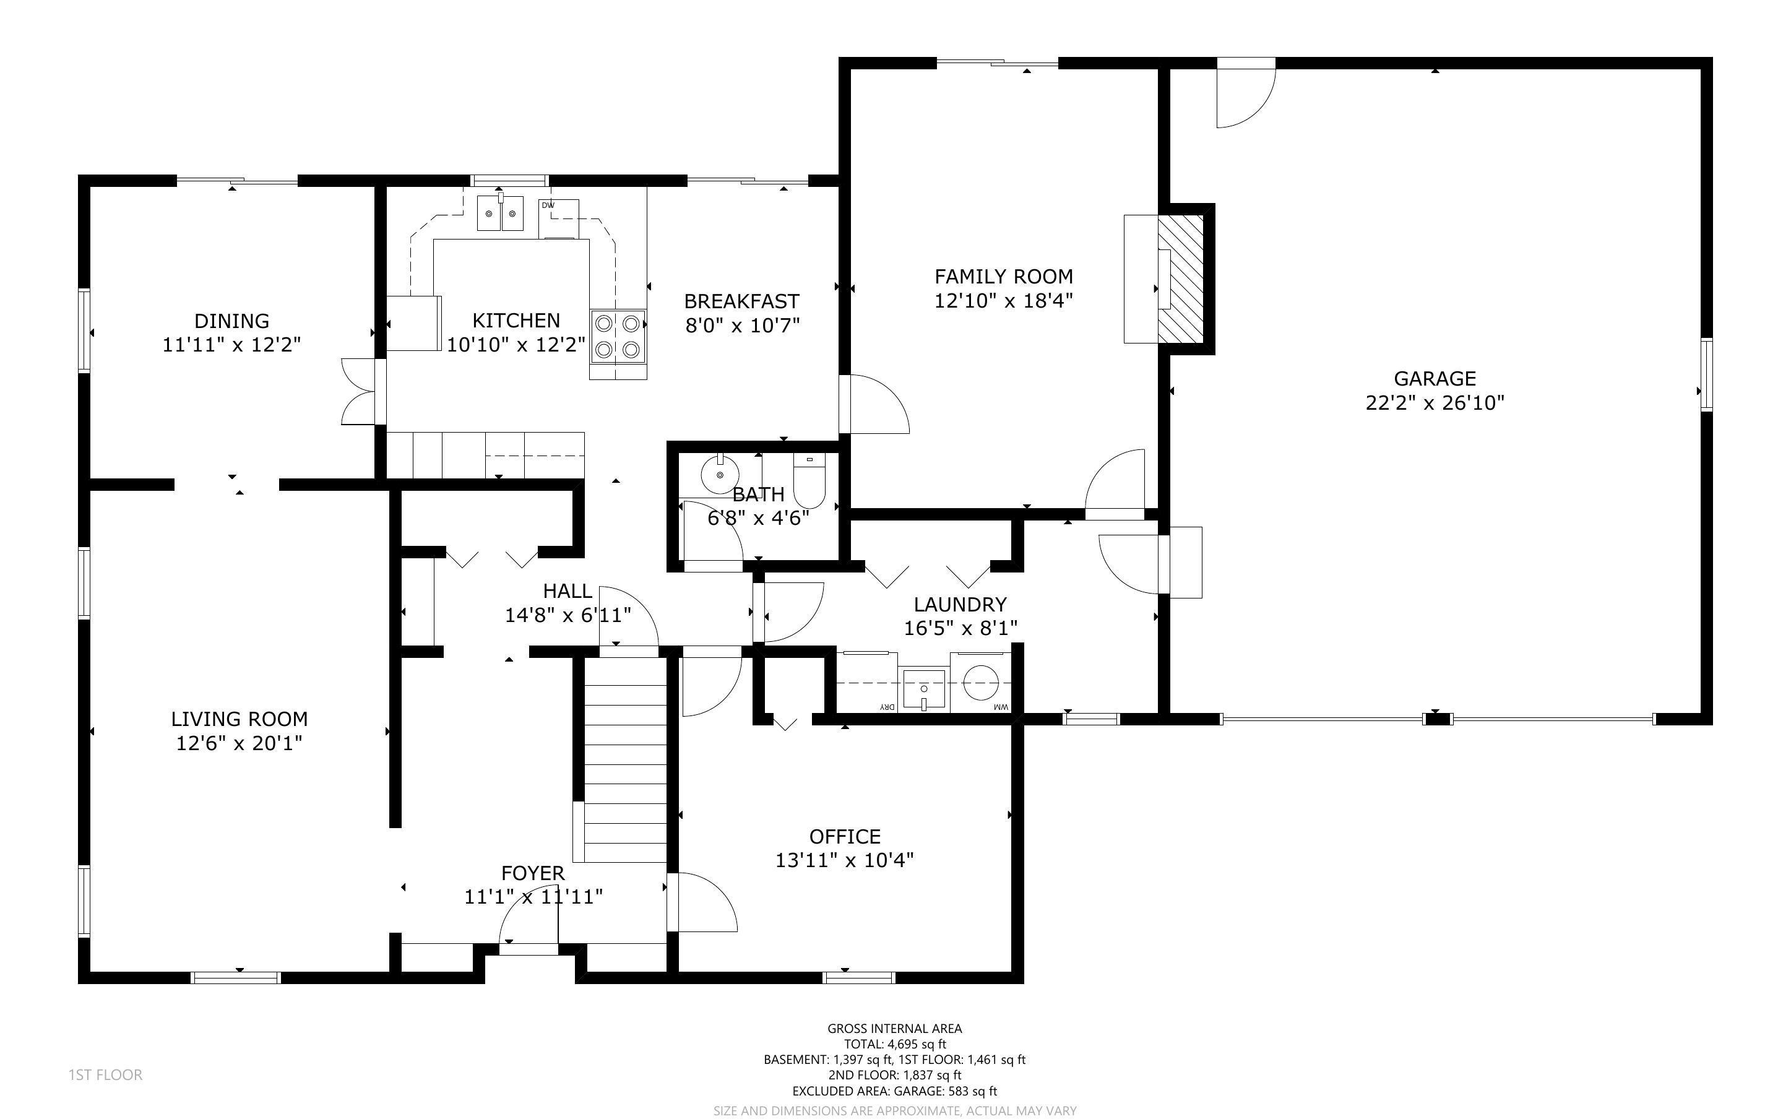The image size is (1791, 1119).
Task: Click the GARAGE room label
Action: point(1435,378)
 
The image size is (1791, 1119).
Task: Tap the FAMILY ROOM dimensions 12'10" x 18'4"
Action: point(1003,300)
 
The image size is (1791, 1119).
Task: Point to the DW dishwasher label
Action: point(548,205)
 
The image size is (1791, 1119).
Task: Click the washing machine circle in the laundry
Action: point(981,681)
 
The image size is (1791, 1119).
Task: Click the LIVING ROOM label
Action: point(239,719)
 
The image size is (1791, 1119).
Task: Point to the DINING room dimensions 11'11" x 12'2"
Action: point(231,345)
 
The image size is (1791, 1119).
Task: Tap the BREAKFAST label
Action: point(741,301)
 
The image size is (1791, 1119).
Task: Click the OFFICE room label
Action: point(845,836)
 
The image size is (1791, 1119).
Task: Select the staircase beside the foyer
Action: point(626,760)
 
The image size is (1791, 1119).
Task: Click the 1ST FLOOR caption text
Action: point(105,1074)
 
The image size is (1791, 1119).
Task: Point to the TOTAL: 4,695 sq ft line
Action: point(894,1044)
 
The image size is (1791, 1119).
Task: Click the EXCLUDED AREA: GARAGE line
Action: point(894,1091)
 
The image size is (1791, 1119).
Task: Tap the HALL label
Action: point(568,590)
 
